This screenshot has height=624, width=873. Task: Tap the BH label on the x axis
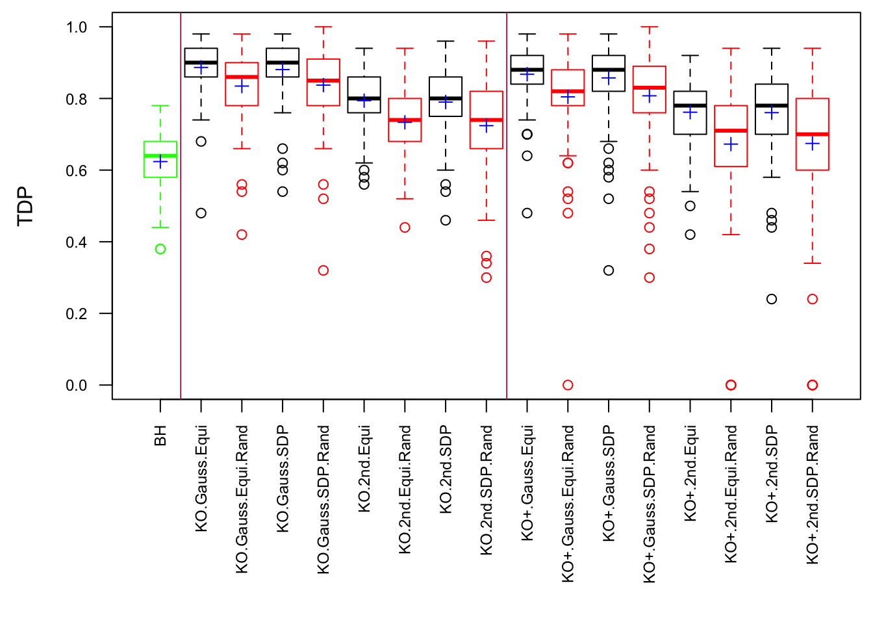coord(160,435)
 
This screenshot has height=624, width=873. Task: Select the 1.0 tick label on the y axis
coord(77,27)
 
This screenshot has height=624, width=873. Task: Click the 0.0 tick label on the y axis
coord(77,385)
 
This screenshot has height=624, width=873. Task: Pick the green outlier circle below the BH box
coord(160,249)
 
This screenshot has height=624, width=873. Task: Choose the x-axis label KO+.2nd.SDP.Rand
coord(813,495)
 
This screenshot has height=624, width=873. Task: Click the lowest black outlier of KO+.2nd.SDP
coord(772,299)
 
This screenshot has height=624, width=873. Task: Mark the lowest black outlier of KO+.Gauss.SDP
coord(609,270)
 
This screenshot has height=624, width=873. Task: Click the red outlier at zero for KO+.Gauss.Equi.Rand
coord(568,385)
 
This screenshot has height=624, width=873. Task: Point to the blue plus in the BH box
coord(160,162)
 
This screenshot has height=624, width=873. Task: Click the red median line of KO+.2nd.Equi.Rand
coord(731,131)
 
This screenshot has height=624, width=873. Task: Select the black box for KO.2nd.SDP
coord(446,97)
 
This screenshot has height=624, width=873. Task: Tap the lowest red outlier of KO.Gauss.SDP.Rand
coord(323,270)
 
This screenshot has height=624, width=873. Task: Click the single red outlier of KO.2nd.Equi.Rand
coord(405,227)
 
